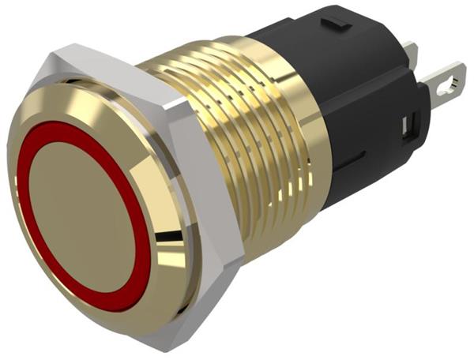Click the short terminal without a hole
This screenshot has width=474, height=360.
[x=409, y=54]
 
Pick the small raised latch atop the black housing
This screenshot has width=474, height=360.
[x=338, y=23]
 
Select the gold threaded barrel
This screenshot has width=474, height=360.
[x=237, y=134]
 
